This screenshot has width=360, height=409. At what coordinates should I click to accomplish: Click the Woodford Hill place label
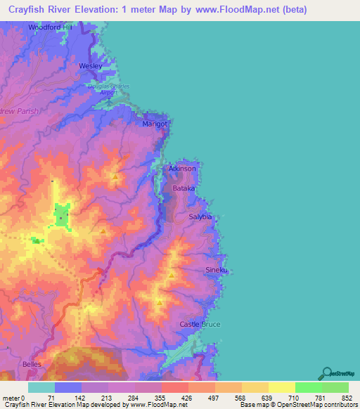tap(50, 27)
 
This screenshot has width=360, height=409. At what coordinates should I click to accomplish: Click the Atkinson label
tap(182, 169)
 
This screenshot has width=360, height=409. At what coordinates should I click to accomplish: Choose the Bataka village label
tap(184, 190)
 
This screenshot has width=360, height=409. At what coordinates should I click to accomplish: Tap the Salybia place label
tap(200, 218)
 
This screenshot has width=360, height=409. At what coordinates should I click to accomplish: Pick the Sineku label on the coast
tap(217, 270)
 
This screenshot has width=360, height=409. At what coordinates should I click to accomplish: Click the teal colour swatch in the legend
tap(41, 387)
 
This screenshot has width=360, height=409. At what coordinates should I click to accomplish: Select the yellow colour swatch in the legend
tap(282, 387)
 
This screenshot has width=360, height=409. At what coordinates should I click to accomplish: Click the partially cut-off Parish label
tap(20, 111)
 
